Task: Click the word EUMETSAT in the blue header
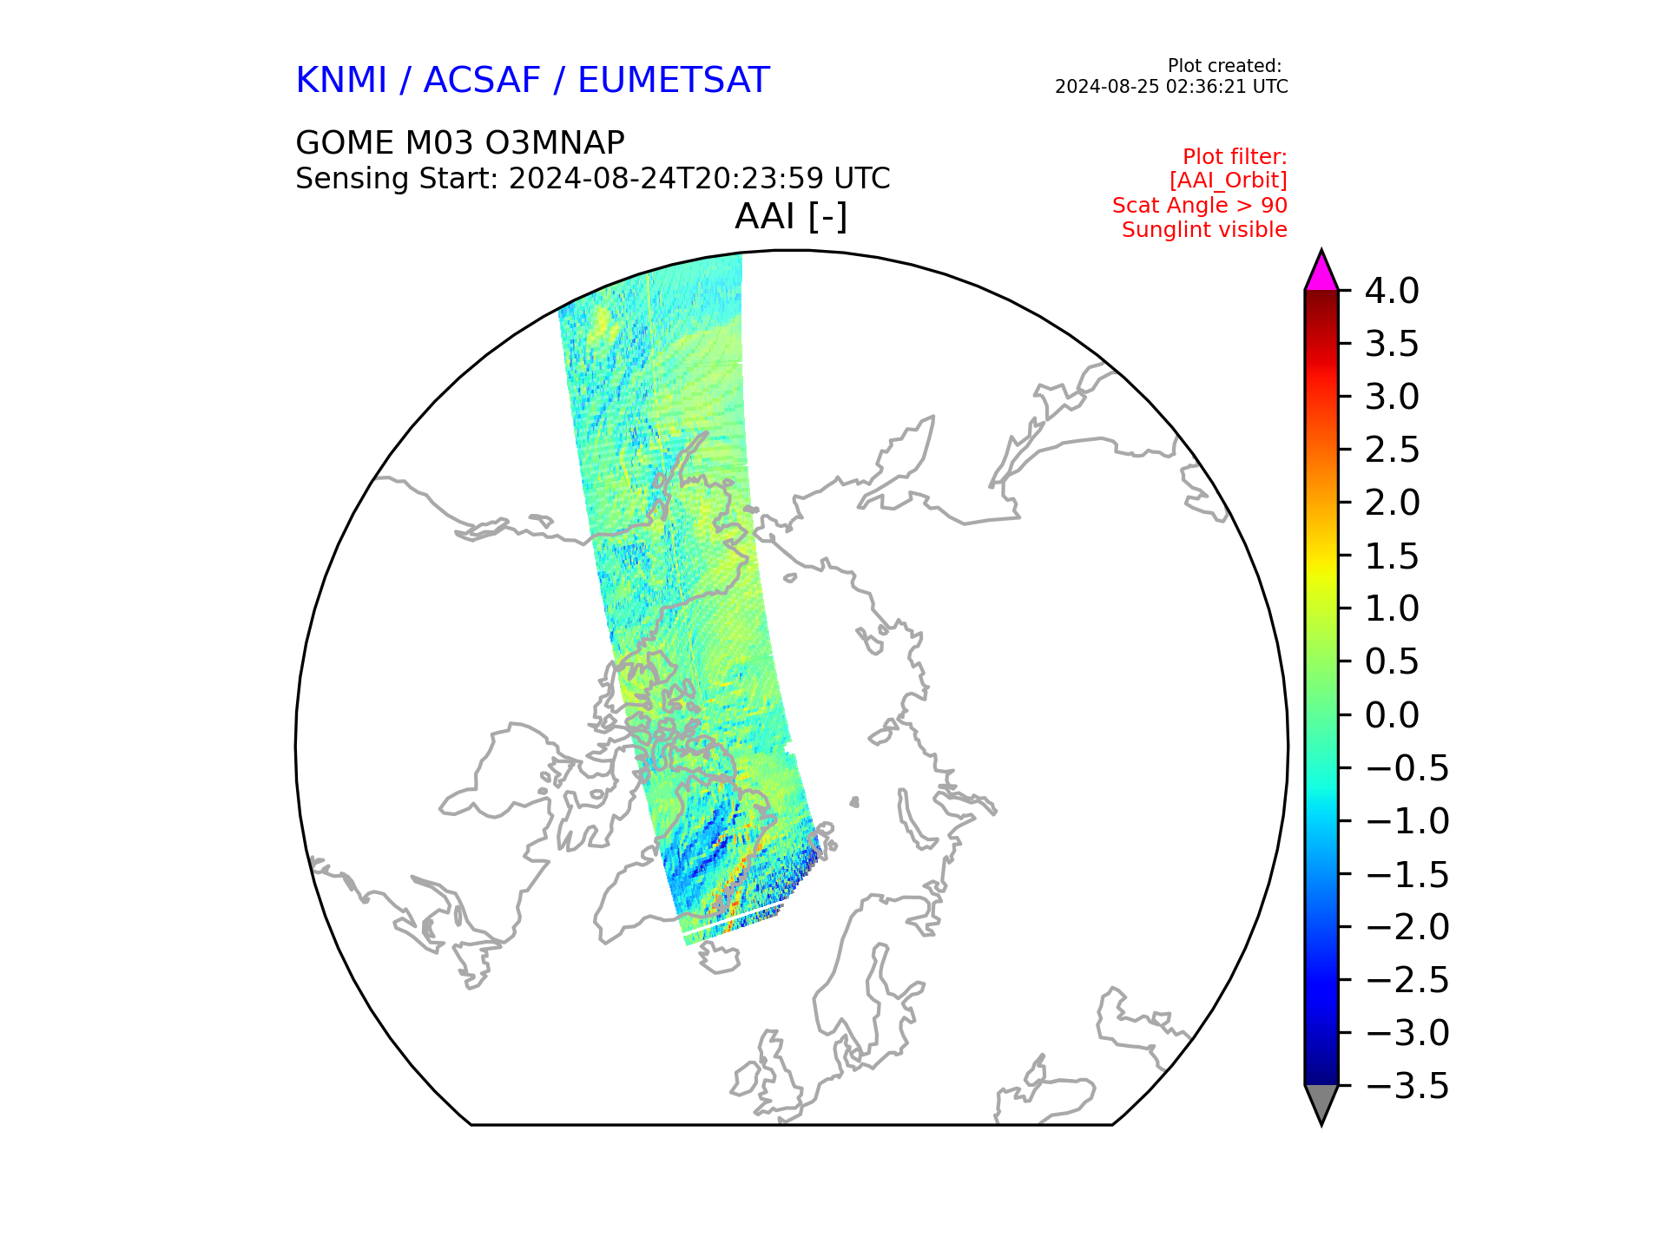point(674,81)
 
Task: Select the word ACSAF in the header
point(482,81)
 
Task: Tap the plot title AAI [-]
point(791,216)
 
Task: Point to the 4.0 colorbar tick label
point(1392,291)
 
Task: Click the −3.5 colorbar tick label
point(1407,1086)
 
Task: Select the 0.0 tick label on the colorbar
point(1392,715)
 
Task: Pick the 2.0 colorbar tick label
point(1392,503)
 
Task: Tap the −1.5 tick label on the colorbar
point(1407,874)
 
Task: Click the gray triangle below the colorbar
point(1321,1102)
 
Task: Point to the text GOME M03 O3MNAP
point(460,142)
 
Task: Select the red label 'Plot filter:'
point(1235,157)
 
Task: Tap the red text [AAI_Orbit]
point(1229,181)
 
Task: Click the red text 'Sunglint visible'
point(1204,230)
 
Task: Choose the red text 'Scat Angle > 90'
point(1200,206)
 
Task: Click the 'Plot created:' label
point(1224,66)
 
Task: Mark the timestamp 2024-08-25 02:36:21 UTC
point(1171,87)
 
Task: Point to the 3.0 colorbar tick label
point(1392,397)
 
